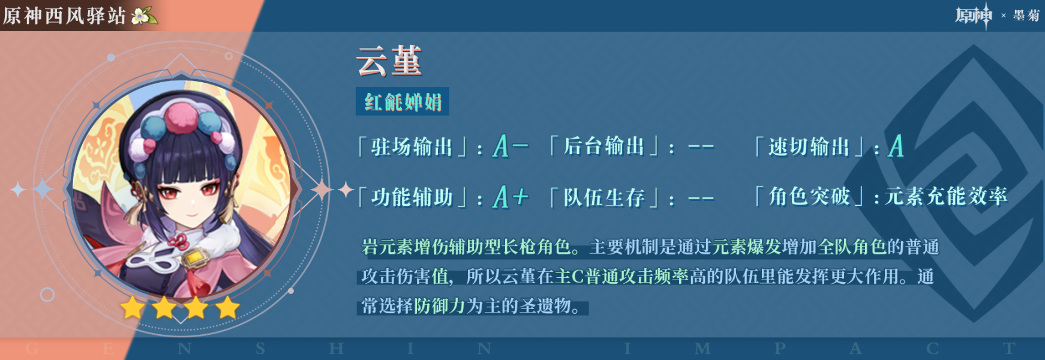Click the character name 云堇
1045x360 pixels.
389,61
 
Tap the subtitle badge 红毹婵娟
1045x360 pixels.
403,101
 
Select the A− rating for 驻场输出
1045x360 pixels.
511,146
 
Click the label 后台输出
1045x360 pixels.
603,146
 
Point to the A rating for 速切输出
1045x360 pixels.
896,146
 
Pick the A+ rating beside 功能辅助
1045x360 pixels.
511,197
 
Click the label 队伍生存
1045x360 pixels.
603,197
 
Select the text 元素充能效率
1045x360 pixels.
946,196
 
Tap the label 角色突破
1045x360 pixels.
809,196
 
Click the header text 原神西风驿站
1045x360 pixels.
64,16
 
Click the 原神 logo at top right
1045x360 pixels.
974,16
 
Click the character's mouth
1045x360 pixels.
191,214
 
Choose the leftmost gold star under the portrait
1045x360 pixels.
133,308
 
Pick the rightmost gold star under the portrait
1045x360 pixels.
227,308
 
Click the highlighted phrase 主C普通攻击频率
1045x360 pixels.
621,276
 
